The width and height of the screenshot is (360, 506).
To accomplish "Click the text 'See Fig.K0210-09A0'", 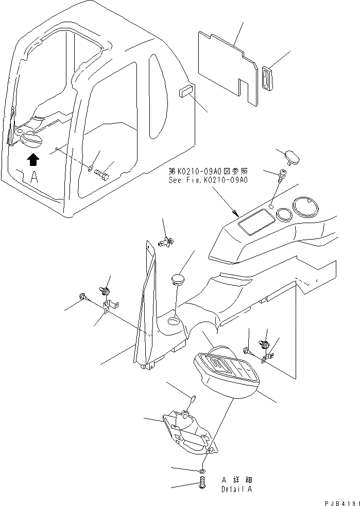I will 208,180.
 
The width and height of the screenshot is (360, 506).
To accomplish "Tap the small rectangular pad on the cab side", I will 185,93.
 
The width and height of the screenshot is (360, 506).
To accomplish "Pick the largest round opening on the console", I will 305,208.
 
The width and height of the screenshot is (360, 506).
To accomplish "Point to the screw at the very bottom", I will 201,484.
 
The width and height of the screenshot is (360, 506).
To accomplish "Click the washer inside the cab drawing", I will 91,167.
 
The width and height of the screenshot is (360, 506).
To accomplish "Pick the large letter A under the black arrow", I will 35,178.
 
